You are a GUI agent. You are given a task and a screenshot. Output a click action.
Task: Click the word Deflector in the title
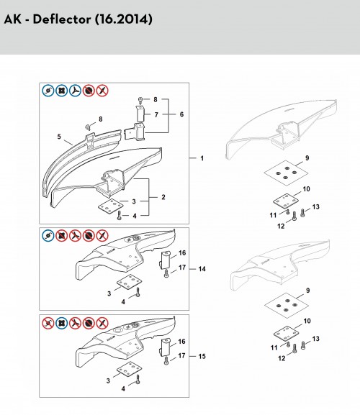click(x=61, y=19)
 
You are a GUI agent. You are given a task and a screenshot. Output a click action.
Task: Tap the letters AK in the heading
click(x=12, y=19)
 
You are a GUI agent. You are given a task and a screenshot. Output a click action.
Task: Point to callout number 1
click(x=202, y=158)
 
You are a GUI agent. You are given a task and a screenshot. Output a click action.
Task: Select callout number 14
click(x=202, y=269)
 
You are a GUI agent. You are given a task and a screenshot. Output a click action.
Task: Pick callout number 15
click(x=202, y=356)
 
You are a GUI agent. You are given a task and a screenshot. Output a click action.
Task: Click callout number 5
click(x=59, y=137)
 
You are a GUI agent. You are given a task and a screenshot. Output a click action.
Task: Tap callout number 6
click(x=181, y=114)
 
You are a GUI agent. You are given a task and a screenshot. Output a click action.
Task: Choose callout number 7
click(x=156, y=114)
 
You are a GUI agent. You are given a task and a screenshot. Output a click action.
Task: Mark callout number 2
click(x=163, y=197)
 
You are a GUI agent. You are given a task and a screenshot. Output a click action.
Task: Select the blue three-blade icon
click(x=75, y=91)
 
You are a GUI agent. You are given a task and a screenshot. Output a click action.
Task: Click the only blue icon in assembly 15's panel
click(x=62, y=323)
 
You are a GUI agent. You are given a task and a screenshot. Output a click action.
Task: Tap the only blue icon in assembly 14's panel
click(x=48, y=236)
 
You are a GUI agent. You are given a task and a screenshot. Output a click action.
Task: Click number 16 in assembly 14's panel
click(x=182, y=252)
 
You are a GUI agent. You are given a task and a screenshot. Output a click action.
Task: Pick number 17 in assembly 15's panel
click(x=181, y=355)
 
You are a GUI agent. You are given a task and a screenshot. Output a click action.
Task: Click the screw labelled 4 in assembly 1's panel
click(x=119, y=216)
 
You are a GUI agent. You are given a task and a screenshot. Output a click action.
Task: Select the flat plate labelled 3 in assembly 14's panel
click(x=130, y=282)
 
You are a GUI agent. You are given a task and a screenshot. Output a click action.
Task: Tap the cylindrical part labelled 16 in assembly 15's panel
click(x=165, y=347)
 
